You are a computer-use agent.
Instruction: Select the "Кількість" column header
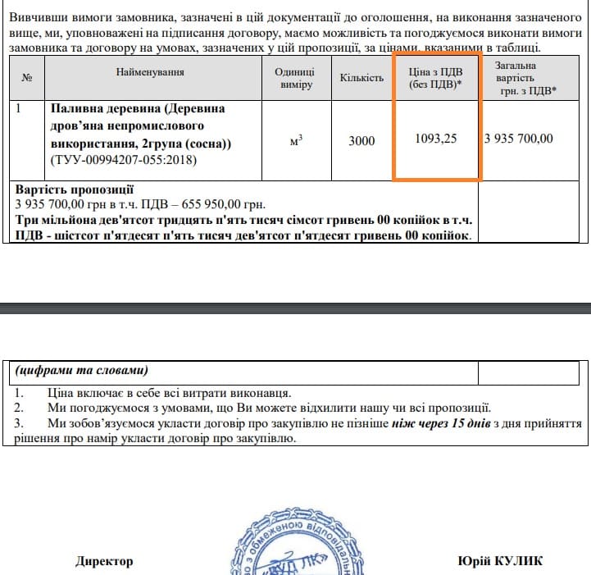coord(361,78)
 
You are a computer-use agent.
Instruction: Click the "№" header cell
coord(27,78)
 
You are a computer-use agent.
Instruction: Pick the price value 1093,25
coord(436,139)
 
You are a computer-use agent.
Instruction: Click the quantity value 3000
coord(361,140)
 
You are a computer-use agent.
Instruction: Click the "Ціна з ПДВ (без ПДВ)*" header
coord(436,78)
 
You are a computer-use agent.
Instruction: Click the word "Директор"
coord(103,562)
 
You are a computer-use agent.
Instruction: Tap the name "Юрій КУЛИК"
coord(500,562)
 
